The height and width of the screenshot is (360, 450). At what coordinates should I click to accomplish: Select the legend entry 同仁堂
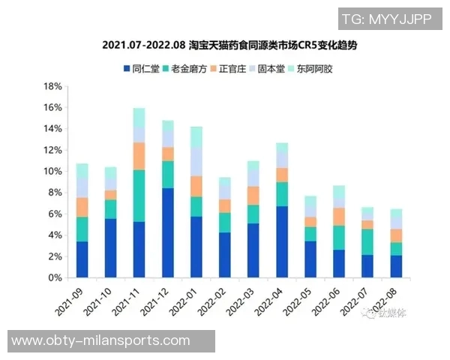142,69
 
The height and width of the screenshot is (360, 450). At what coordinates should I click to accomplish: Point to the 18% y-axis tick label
52,86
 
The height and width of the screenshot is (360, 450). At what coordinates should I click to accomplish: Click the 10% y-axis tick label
52,171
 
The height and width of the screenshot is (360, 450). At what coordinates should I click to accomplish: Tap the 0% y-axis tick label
55,277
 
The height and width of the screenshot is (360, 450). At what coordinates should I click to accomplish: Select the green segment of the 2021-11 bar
139,196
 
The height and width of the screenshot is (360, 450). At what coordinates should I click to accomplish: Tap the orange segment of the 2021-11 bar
139,156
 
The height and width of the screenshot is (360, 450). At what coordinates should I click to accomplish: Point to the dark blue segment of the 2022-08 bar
396,266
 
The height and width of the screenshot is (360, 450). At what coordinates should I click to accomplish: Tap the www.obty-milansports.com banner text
101,341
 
